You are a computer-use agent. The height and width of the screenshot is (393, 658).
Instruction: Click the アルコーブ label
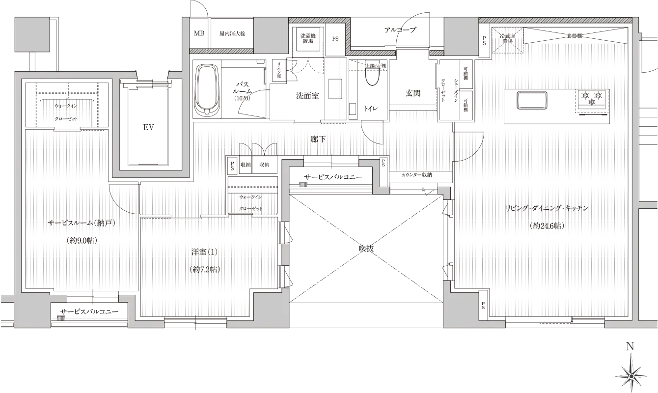click(400, 30)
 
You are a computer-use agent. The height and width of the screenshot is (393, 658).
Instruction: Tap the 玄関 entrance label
click(412, 93)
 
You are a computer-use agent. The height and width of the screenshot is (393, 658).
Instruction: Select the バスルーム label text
click(244, 88)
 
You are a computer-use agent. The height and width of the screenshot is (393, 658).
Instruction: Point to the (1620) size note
click(242, 98)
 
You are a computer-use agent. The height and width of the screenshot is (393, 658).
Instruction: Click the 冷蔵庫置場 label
click(507, 39)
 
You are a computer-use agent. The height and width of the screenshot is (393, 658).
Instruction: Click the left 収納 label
click(246, 165)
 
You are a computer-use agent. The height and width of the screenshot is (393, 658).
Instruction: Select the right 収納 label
click(265, 165)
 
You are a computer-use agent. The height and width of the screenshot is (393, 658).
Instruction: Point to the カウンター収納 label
click(416, 175)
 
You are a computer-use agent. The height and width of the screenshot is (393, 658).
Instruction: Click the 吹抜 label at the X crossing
click(366, 249)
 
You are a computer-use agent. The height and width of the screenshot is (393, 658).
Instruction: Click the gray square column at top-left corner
click(32, 34)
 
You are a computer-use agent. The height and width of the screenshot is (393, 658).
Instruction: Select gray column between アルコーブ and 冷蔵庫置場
click(461, 36)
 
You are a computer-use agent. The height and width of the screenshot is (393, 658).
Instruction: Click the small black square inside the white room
click(147, 128)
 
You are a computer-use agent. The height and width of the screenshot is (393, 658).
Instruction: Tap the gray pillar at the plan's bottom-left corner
click(32, 312)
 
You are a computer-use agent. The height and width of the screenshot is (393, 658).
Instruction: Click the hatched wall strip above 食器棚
click(555, 20)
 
